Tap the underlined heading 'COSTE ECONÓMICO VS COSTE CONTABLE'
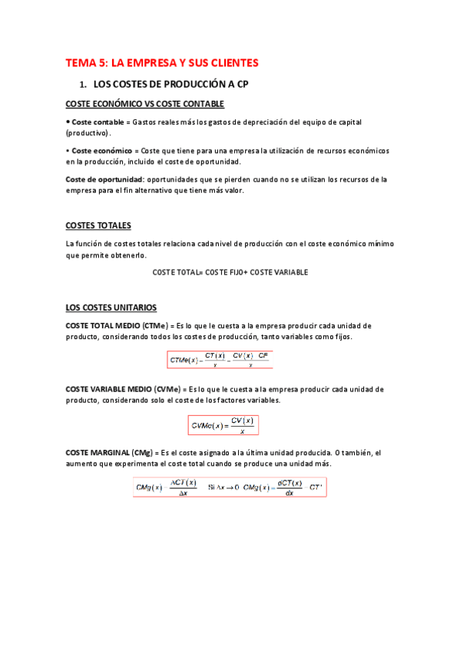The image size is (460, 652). click(x=145, y=104)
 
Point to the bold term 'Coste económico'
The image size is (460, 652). click(x=102, y=151)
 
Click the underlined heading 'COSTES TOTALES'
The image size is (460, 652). click(x=98, y=225)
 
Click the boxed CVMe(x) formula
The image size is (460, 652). click(x=223, y=425)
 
